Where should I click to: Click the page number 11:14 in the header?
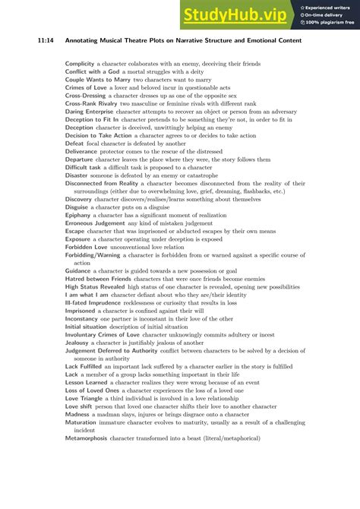(x=46, y=40)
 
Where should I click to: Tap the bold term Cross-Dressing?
(x=85, y=96)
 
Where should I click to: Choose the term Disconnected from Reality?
(x=106, y=183)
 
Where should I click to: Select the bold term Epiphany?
(x=78, y=215)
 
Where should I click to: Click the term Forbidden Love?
(x=86, y=247)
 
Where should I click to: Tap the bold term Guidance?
(x=79, y=270)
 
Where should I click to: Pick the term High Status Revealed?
(x=95, y=286)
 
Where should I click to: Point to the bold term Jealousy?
(x=79, y=343)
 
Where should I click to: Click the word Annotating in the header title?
(x=92, y=40)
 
